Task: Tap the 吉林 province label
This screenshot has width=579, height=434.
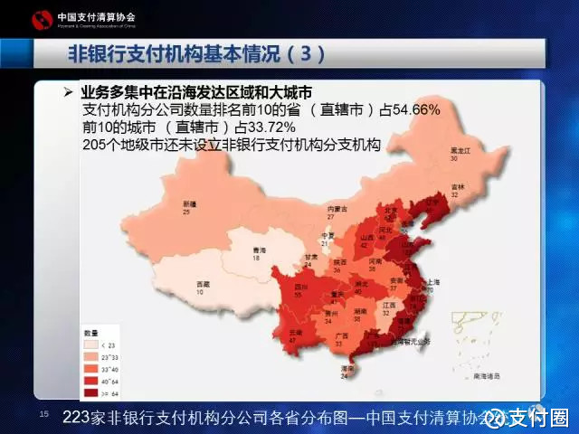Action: (458, 187)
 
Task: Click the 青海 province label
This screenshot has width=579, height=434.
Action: (260, 250)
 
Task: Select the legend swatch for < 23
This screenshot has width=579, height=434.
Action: (91, 344)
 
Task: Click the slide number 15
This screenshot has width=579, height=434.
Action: (43, 412)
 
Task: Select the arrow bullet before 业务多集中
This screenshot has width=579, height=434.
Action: (68, 93)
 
